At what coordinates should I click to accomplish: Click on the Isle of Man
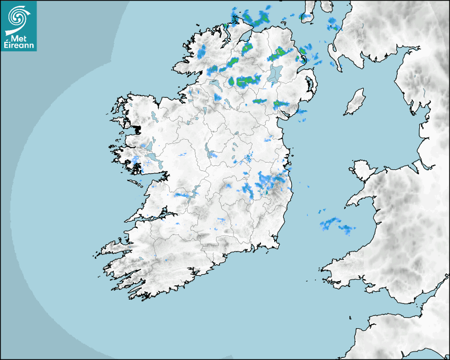[355, 102]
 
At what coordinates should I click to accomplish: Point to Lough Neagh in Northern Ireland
[275, 74]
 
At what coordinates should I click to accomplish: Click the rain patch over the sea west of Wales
[336, 225]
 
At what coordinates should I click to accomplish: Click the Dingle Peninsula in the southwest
[114, 248]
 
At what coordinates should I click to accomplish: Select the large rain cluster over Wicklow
[270, 183]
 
